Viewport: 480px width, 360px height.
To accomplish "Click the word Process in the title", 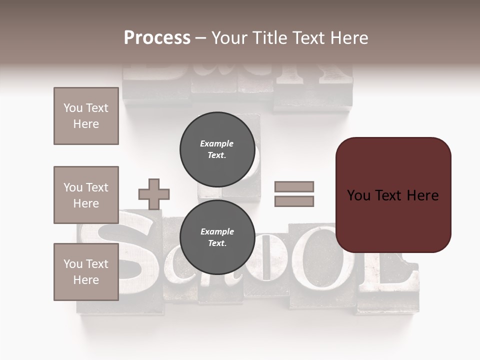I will [x=157, y=37].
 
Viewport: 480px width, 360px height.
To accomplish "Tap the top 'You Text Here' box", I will [x=86, y=116].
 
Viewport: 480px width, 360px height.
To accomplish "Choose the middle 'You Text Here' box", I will [x=86, y=195].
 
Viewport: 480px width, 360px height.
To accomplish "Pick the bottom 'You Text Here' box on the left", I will [x=86, y=272].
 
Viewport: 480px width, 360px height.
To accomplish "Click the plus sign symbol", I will [x=154, y=194].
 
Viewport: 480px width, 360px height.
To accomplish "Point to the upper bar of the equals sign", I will [x=294, y=187].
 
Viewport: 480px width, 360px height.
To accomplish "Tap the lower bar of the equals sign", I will [x=294, y=201].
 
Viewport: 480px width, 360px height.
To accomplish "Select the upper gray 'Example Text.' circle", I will [x=217, y=149].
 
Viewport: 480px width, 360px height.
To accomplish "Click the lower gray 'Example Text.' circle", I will [x=217, y=237].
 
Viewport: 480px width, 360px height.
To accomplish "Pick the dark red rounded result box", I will [x=393, y=195].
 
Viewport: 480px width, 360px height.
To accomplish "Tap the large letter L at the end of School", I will [x=395, y=270].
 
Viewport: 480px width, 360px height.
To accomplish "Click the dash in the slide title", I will [x=200, y=38].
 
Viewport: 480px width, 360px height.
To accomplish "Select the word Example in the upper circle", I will [x=217, y=143].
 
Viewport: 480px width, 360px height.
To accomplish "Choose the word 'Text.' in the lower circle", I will [x=217, y=243].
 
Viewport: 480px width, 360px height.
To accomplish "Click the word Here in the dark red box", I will [x=422, y=195].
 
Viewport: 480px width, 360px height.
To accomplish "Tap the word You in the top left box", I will [x=72, y=108].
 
